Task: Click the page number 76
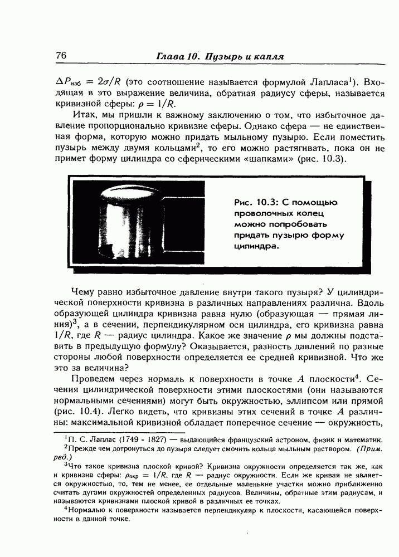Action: [62, 56]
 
